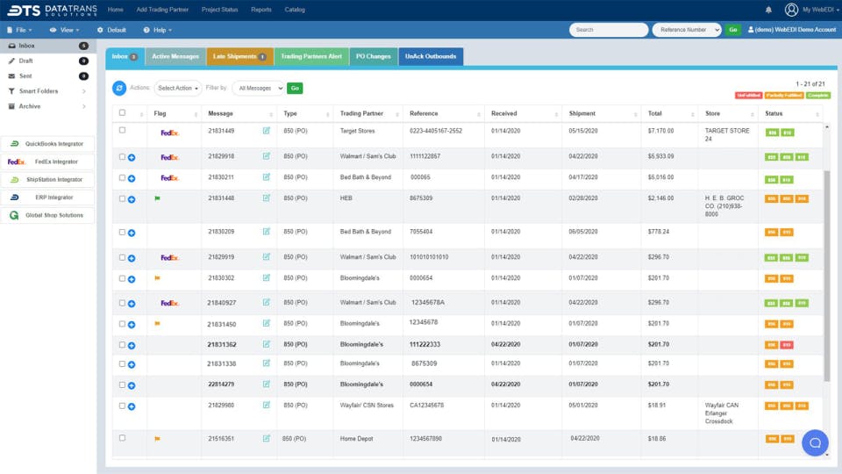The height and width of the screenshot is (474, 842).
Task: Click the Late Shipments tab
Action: pyautogui.click(x=239, y=57)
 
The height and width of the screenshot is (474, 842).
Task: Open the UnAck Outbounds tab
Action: pyautogui.click(x=431, y=57)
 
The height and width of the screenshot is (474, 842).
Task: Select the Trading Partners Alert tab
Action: pyautogui.click(x=310, y=57)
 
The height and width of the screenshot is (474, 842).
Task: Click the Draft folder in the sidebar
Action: pyautogui.click(x=26, y=61)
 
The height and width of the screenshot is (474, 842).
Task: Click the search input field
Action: pyautogui.click(x=609, y=30)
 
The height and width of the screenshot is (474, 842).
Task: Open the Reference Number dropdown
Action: pyautogui.click(x=686, y=30)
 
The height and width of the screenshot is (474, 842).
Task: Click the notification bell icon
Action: pyautogui.click(x=769, y=10)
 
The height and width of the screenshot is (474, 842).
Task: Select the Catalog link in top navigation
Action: pyautogui.click(x=295, y=10)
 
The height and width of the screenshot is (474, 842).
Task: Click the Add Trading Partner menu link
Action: pyautogui.click(x=162, y=10)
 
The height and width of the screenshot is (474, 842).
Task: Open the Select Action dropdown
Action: pyautogui.click(x=178, y=88)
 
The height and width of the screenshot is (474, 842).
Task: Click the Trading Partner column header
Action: pyautogui.click(x=361, y=113)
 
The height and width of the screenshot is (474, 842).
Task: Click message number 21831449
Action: pyautogui.click(x=221, y=131)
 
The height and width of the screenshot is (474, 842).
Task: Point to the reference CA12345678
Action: pyautogui.click(x=427, y=406)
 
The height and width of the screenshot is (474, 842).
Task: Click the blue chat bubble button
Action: pyautogui.click(x=815, y=442)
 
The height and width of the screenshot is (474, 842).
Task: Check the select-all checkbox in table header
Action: pyautogui.click(x=122, y=113)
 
